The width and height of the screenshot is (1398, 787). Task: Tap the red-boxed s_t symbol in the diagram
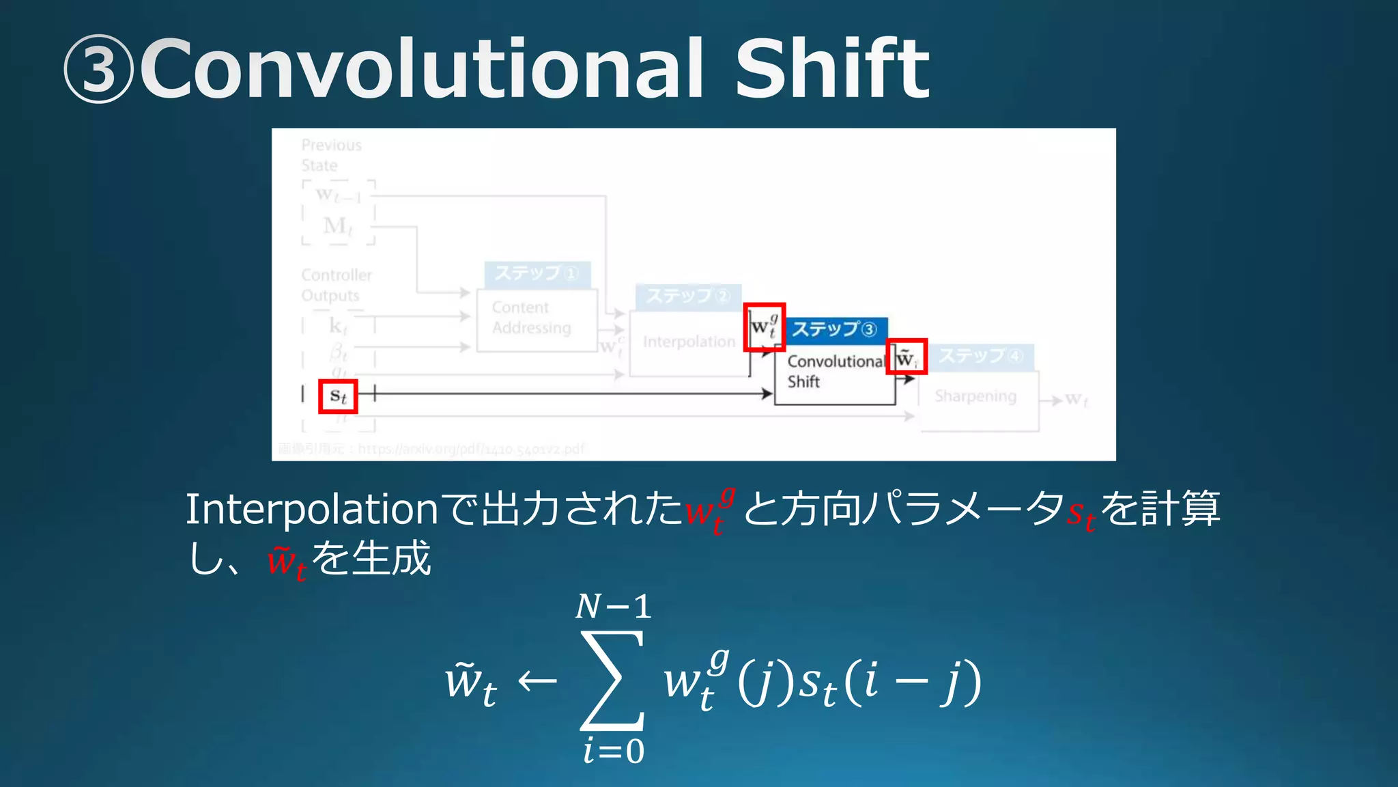pos(338,396)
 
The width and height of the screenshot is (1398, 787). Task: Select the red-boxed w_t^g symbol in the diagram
pos(764,327)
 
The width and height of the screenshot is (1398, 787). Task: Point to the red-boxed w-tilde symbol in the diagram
pos(906,357)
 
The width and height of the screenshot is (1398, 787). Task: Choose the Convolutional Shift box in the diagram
pos(834,372)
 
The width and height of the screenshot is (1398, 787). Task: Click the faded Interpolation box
pos(689,342)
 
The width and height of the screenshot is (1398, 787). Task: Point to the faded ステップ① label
pos(537,274)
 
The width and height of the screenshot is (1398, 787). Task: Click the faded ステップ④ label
pos(980,356)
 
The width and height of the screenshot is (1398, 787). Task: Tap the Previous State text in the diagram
pos(331,155)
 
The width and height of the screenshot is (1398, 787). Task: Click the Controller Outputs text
pos(337,286)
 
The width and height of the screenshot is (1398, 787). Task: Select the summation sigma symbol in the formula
pos(612,680)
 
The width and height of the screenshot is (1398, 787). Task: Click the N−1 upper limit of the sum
pos(613,607)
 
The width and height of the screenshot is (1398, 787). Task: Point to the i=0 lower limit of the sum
pos(613,751)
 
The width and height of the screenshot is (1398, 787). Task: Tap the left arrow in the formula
pos(537,681)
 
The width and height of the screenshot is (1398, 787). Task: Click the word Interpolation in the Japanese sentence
pos(311,510)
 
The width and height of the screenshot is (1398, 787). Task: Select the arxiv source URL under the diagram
pos(471,449)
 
